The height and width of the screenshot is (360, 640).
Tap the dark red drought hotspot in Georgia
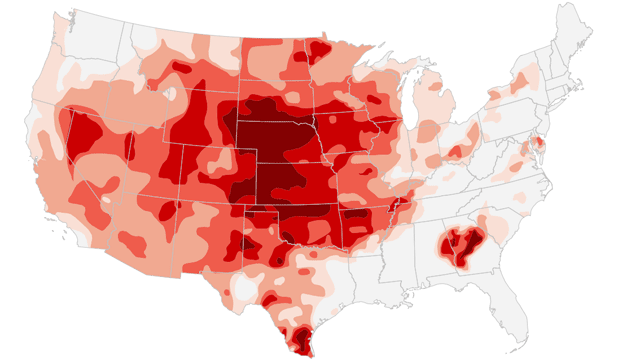pyautogui.click(x=459, y=244)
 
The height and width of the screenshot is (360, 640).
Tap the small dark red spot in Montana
pyautogui.click(x=180, y=67)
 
